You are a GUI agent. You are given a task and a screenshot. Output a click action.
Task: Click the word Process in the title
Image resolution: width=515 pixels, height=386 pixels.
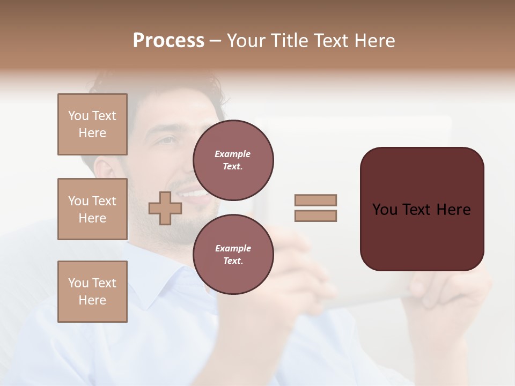pyautogui.click(x=168, y=41)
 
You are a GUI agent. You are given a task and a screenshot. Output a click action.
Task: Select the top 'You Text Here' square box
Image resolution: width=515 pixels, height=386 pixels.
pyautogui.click(x=92, y=124)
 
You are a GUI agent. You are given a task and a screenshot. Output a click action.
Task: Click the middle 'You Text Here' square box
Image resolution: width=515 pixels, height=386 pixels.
pyautogui.click(x=92, y=209)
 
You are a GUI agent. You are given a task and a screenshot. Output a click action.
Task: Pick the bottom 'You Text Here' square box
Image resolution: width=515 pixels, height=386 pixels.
pyautogui.click(x=92, y=292)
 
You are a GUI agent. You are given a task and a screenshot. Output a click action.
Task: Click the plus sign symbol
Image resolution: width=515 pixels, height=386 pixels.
pyautogui.click(x=165, y=208)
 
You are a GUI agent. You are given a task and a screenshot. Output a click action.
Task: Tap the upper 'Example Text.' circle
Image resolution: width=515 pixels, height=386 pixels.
pyautogui.click(x=233, y=160)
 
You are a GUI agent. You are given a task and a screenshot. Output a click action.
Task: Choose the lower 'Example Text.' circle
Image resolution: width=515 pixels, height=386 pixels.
pyautogui.click(x=233, y=254)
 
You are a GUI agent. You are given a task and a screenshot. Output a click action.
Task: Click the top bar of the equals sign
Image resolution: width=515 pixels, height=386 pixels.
pyautogui.click(x=315, y=200)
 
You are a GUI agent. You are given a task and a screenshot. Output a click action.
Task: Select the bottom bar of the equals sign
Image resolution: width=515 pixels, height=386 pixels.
pyautogui.click(x=315, y=216)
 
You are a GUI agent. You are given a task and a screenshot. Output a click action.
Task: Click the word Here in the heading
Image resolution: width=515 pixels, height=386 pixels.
pyautogui.click(x=374, y=41)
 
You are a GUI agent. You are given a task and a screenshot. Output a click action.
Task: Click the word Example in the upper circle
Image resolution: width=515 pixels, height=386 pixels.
pyautogui.click(x=233, y=154)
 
